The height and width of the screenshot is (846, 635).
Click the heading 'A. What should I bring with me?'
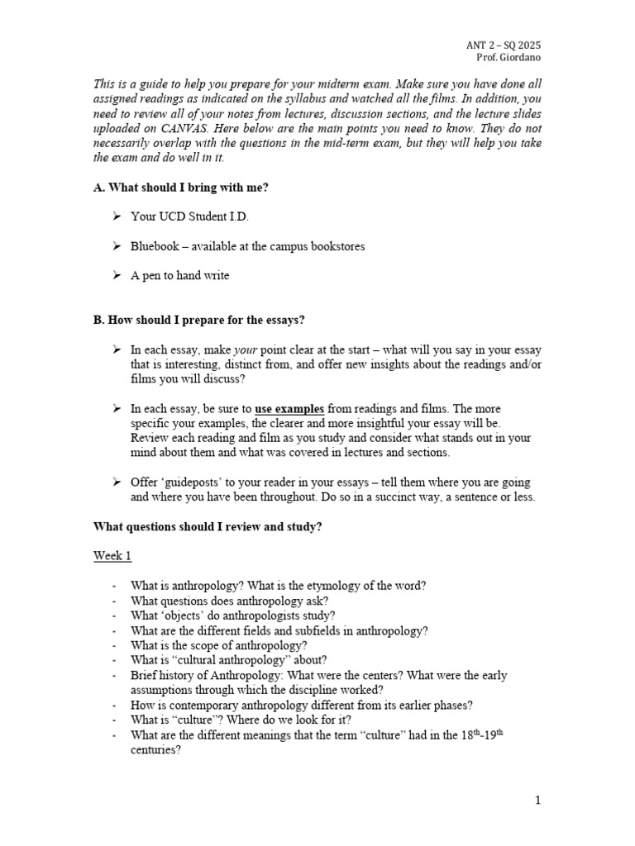(180, 188)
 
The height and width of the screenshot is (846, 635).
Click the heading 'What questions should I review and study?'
(207, 526)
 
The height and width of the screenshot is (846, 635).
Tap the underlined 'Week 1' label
(112, 556)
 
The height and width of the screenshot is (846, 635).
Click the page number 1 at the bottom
(537, 800)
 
